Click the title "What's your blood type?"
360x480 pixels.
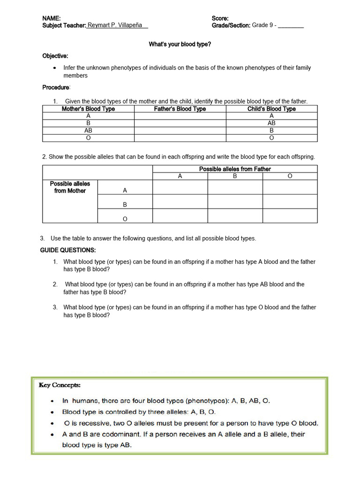click(180, 44)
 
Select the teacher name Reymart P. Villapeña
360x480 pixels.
click(117, 25)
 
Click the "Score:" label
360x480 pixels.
click(220, 18)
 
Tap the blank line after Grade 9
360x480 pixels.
click(291, 26)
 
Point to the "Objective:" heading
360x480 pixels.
click(55, 56)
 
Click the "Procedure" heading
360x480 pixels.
click(56, 87)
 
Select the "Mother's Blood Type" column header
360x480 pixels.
click(88, 109)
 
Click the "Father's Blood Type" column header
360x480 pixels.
click(180, 109)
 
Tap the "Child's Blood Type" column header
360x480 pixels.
click(271, 109)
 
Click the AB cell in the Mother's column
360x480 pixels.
click(88, 131)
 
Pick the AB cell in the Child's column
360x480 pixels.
click(271, 123)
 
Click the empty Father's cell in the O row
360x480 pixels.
click(180, 138)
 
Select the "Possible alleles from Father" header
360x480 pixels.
click(235, 169)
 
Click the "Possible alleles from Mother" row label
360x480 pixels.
click(70, 187)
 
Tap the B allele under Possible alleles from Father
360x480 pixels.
click(235, 176)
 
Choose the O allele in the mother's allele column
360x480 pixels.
click(125, 219)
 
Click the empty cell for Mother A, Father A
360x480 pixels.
click(180, 187)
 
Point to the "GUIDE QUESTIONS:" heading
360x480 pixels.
click(68, 250)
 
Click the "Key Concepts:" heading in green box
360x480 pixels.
click(60, 385)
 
